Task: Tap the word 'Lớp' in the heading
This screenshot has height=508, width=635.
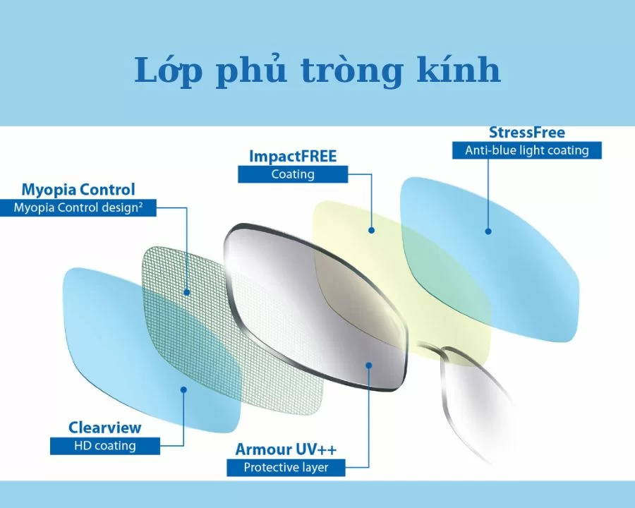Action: coord(164,71)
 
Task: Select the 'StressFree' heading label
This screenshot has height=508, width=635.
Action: coord(526,133)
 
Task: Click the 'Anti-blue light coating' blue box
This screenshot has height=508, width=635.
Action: coord(526,150)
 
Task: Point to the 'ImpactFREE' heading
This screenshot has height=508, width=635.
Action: coord(293,156)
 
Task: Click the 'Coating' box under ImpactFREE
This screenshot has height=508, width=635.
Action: coord(293,174)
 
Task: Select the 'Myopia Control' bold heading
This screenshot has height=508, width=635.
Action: coord(78,190)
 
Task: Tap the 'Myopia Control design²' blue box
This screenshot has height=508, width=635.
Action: coord(78,208)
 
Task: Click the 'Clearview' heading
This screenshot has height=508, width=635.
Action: coord(104,428)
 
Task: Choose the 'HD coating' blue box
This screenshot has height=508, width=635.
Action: coord(104,446)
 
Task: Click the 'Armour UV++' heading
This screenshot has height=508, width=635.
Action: coord(286,449)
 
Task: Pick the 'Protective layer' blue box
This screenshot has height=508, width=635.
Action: coord(286,467)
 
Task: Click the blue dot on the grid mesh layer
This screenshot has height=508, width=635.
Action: coord(187,292)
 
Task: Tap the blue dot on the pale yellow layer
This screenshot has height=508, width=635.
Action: coord(371,230)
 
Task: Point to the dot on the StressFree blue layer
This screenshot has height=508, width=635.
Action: coord(488,231)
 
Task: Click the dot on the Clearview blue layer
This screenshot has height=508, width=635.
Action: coord(184,389)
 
